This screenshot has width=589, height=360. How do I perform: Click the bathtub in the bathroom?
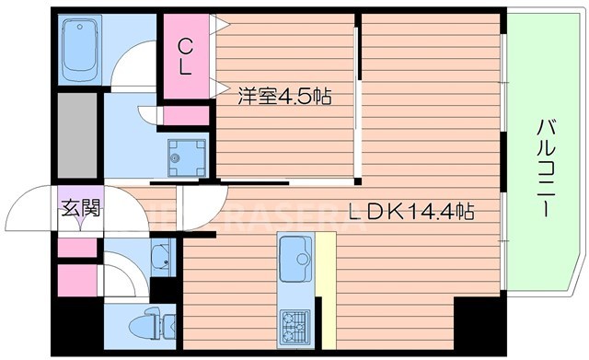(x=80, y=52)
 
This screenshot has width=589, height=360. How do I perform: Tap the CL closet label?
(x=186, y=55)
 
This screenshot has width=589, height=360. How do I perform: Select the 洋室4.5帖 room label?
(x=283, y=95)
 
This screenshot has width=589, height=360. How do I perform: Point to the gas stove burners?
(x=294, y=322)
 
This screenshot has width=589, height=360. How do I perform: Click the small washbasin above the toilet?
(x=159, y=257)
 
